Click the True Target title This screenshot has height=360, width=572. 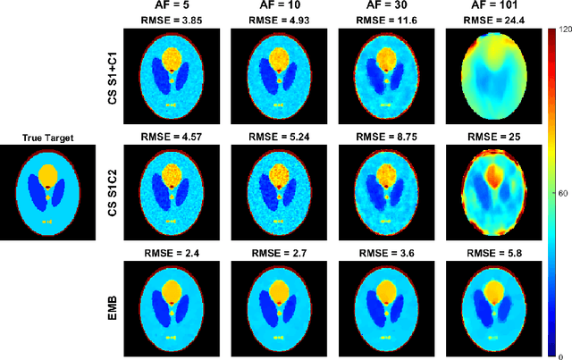(x=48, y=137)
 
